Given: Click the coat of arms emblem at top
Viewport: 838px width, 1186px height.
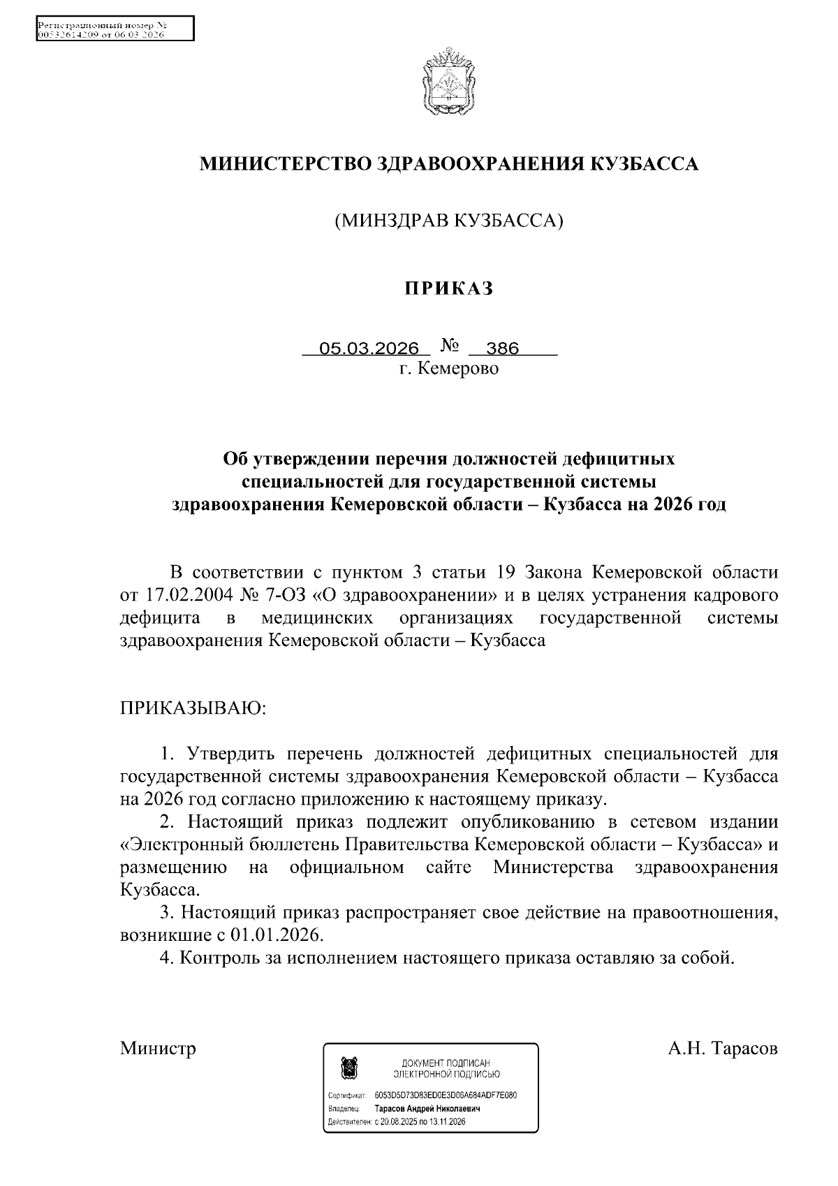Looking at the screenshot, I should coord(448,82).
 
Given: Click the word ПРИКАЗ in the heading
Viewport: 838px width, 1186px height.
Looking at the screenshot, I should coord(450,288).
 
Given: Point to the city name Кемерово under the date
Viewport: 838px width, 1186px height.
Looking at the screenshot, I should coord(458,368).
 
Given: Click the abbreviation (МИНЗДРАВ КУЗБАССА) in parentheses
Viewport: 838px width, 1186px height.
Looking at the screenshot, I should coord(449,221).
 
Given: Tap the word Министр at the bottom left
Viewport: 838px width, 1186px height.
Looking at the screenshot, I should coord(158,1048).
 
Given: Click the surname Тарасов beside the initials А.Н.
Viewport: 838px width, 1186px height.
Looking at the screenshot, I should coord(743,1048).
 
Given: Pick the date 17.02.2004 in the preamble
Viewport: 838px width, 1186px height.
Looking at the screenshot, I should coord(183,596).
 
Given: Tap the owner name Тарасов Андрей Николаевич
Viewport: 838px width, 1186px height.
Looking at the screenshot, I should coord(427,1108).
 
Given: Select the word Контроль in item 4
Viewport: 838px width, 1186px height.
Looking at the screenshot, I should coord(219,957).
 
